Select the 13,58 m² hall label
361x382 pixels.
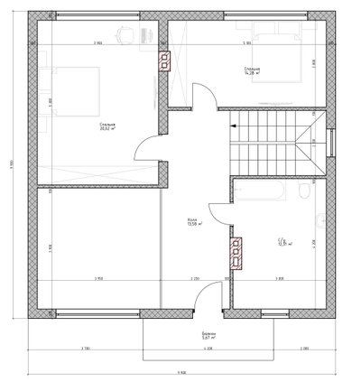click(193, 223)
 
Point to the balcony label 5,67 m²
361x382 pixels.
click(208, 335)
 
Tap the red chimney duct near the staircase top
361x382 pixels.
click(165, 61)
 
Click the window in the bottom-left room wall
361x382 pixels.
click(90, 313)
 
